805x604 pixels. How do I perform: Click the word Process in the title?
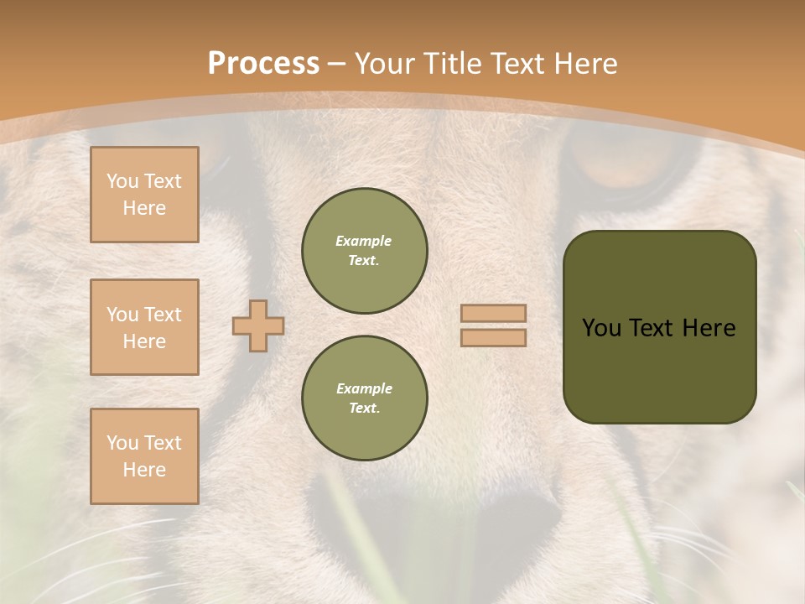(263, 64)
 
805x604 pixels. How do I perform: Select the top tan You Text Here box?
(144, 195)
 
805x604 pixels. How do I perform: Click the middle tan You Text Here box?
(144, 327)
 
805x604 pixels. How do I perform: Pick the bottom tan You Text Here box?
(144, 456)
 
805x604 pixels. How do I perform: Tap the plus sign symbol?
(258, 325)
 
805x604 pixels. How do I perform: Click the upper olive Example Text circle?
(364, 251)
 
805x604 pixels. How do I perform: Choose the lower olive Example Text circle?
(364, 398)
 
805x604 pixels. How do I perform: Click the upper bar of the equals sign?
(493, 313)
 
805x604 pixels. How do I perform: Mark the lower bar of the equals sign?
(493, 338)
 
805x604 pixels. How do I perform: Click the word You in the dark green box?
(601, 328)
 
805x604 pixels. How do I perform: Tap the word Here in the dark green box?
(709, 328)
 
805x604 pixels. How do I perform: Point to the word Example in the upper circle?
(364, 241)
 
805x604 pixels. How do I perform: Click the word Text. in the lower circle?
(364, 409)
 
